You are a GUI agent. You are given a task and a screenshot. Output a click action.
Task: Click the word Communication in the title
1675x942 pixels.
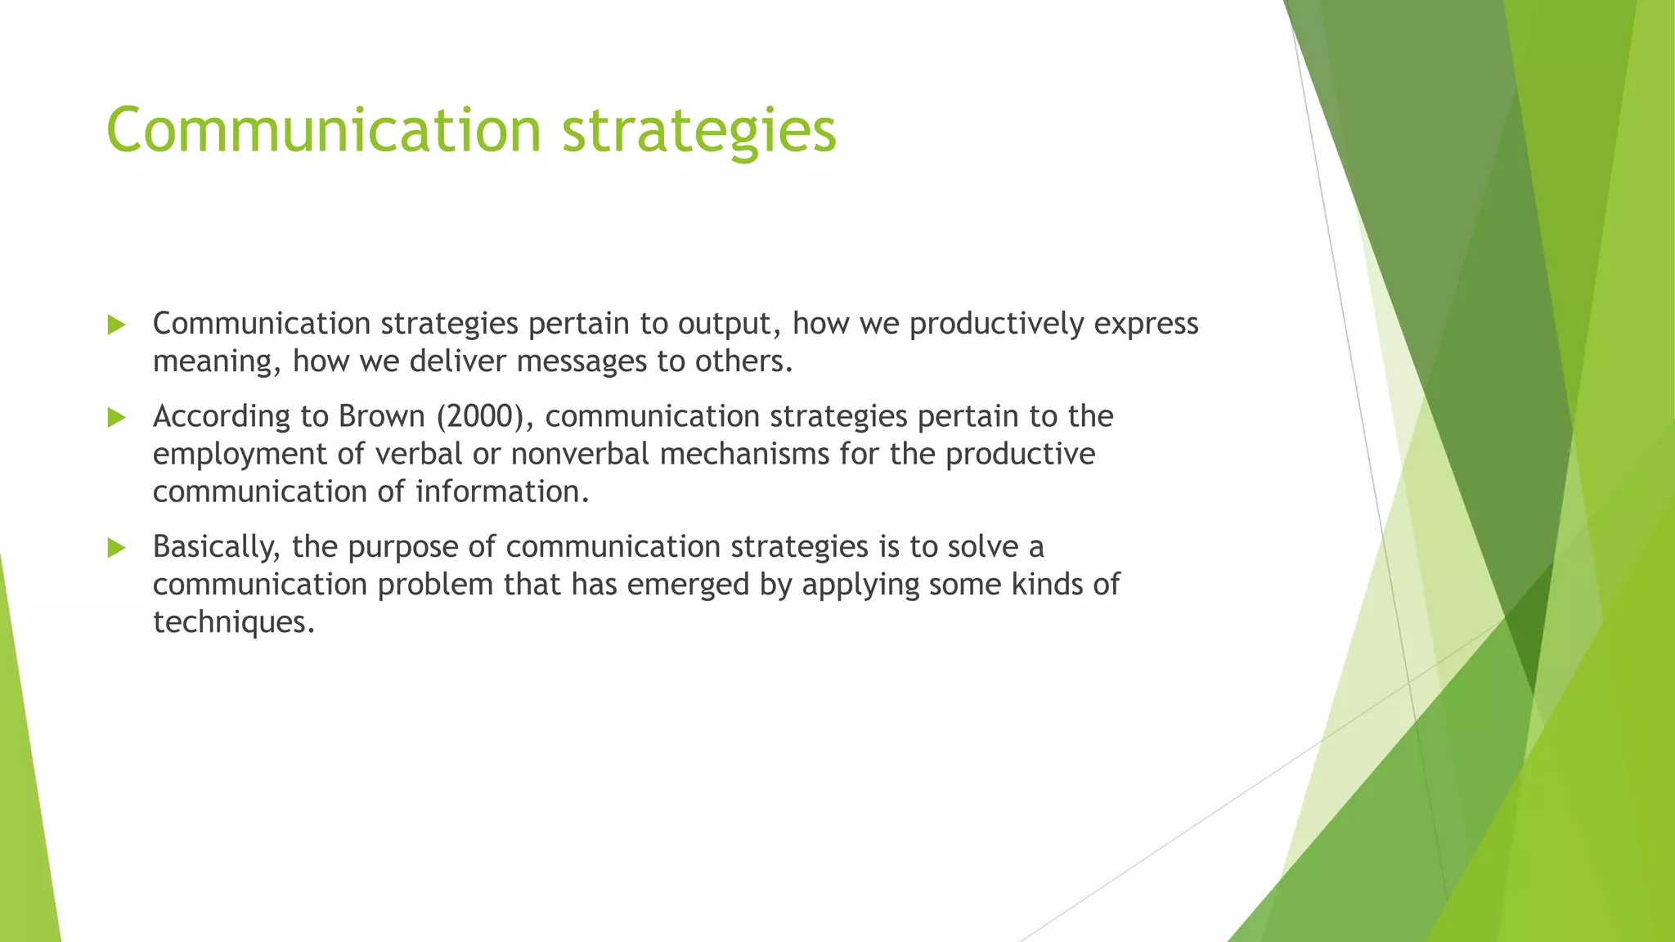click(324, 130)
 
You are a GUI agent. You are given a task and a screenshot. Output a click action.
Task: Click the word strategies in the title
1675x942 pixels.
click(699, 130)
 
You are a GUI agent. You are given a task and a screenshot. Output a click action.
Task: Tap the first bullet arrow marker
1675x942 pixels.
click(116, 325)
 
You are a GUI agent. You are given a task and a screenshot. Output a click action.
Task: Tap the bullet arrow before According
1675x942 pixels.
click(116, 418)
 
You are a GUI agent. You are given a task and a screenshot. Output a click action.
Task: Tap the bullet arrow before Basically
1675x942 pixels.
click(116, 548)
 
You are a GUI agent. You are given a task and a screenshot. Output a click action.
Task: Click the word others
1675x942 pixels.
click(743, 361)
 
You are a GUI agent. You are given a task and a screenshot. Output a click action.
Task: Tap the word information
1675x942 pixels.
click(501, 491)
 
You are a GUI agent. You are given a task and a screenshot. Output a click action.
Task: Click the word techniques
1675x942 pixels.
click(233, 622)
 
